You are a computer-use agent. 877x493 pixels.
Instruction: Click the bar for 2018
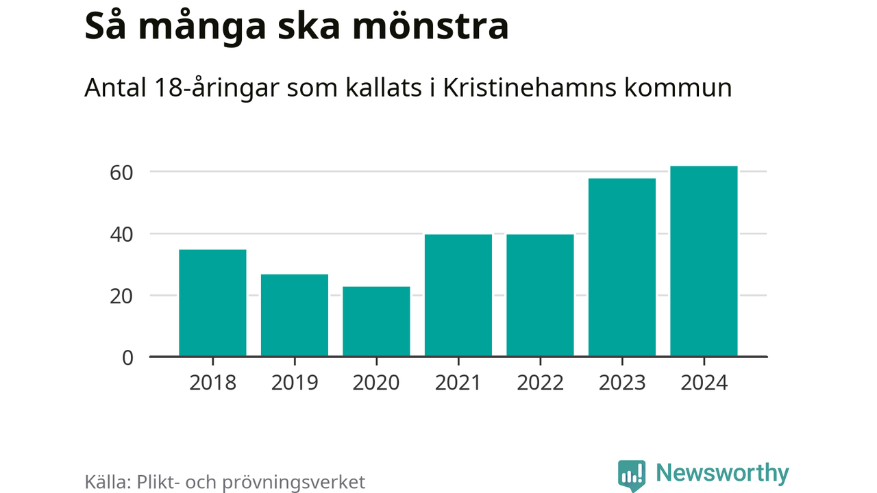coord(212,303)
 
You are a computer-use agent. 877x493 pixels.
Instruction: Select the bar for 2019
coord(295,316)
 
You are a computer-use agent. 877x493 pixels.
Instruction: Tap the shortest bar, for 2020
coord(376,322)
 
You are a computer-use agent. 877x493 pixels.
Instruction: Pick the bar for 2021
coord(458,296)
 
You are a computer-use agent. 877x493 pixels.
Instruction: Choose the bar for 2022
coord(540,296)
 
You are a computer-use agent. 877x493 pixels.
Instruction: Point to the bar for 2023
coord(622,268)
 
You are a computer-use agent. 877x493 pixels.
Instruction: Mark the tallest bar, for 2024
coord(704,262)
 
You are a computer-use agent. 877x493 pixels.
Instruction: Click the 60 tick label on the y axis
coord(121,172)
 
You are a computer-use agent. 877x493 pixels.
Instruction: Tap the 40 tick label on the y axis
coord(121,234)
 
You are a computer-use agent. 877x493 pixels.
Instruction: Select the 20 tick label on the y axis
coord(121,296)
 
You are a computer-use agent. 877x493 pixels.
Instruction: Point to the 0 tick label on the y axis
coord(127,357)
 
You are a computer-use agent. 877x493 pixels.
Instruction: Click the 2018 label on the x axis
coord(212,382)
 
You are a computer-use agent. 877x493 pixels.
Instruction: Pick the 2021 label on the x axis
coord(458,382)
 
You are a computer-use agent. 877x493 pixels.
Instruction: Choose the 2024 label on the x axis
coord(704,382)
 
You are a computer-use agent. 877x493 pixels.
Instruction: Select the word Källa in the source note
coord(106,481)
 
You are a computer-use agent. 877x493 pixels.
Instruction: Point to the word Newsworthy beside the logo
coord(722,473)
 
